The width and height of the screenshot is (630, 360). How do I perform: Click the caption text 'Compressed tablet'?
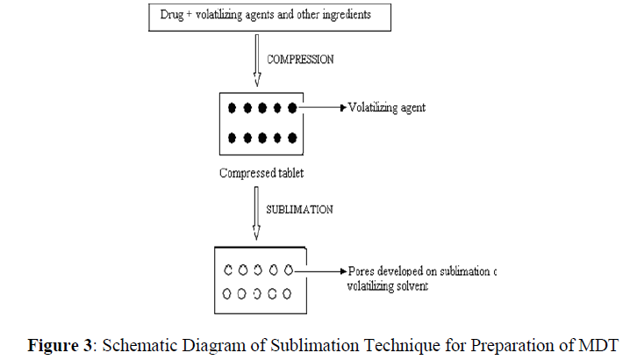point(261,172)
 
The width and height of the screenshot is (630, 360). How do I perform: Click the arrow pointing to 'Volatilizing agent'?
point(324,109)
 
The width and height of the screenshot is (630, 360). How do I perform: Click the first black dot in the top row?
point(233,109)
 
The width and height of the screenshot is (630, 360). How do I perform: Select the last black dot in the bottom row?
point(290,138)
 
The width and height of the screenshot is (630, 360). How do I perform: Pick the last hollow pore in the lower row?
point(287,292)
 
